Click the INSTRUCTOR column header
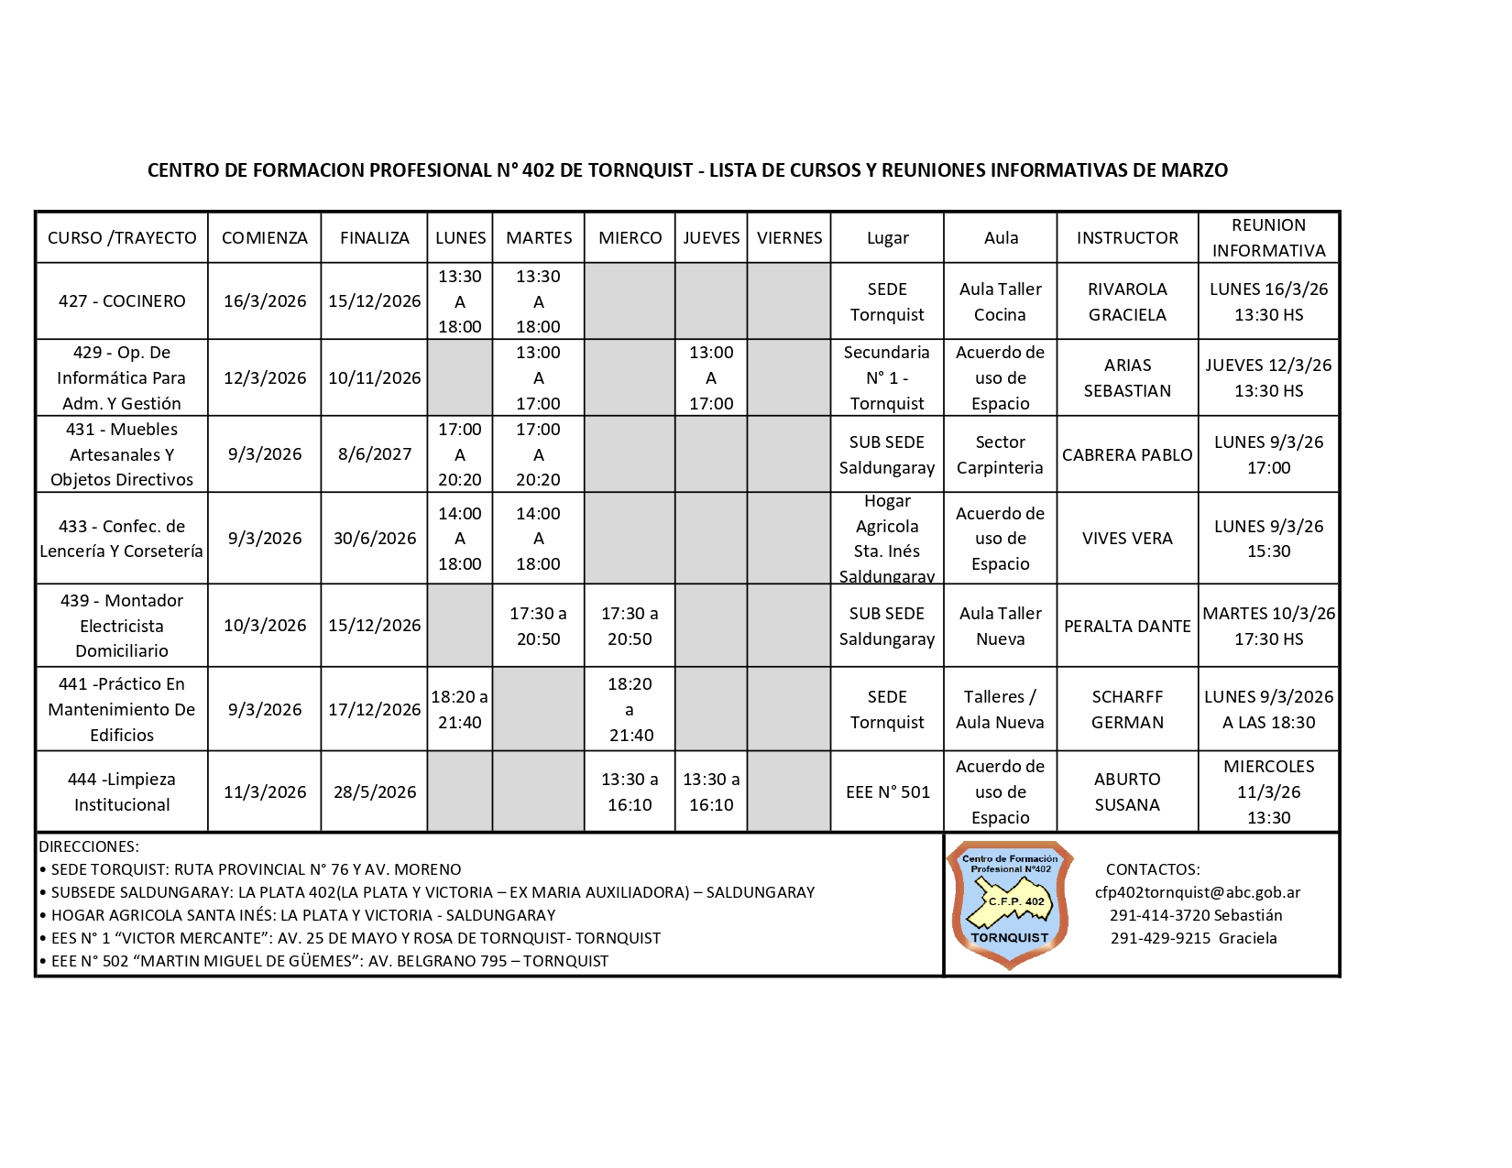1127,238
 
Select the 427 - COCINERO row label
122,301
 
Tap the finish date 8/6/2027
374,454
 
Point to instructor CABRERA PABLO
1127,455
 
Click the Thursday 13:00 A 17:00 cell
711,378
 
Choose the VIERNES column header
789,238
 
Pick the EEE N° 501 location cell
887,792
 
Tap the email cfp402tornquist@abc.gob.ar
1197,892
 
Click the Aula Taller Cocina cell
1000,302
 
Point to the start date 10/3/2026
265,626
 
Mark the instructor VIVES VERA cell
1127,539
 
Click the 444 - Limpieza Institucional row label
122,792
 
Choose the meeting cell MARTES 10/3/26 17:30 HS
1268,627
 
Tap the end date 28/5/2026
374,792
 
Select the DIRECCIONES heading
89,846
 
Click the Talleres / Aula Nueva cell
1000,710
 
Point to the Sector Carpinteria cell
1000,455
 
